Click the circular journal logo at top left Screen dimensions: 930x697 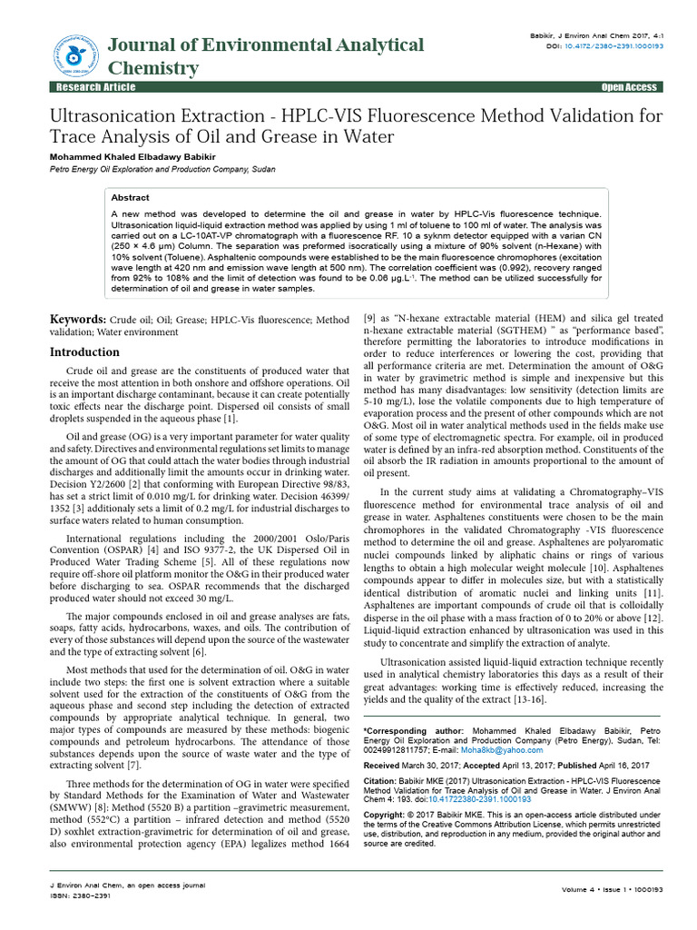click(77, 55)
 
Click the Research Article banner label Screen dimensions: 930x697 click(96, 87)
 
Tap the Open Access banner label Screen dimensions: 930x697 click(628, 87)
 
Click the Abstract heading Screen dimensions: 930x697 click(130, 197)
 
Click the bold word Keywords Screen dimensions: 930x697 click(76, 321)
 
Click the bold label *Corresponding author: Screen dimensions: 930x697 click(413, 731)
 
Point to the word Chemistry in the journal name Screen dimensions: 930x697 click(152, 68)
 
